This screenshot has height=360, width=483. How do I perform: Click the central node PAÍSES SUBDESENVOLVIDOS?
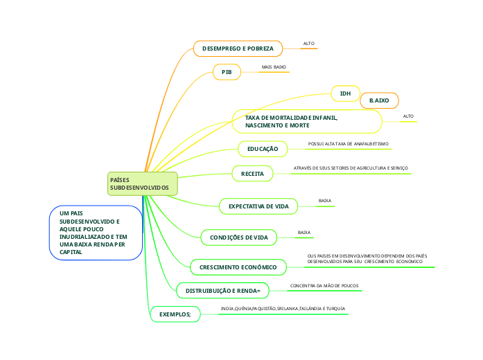point(142,183)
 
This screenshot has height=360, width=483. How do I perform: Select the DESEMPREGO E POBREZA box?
point(238,48)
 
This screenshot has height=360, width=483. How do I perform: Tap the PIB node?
point(226,72)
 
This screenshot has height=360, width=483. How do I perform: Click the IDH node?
point(345,93)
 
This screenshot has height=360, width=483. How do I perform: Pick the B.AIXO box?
point(379,101)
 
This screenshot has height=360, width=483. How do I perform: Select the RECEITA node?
point(252,173)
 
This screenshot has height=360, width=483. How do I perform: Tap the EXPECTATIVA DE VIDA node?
point(258,206)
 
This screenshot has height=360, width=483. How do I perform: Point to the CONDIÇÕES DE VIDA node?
point(238,237)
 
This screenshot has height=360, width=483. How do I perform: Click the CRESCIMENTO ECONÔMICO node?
point(238,267)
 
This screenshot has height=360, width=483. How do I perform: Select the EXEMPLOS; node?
point(175,314)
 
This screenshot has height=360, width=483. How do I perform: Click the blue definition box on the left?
point(96,233)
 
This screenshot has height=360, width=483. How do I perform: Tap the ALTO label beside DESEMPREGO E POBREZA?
point(308,44)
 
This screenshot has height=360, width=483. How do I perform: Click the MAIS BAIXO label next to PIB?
point(274,67)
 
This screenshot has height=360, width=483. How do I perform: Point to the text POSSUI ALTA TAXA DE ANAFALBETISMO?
point(348,144)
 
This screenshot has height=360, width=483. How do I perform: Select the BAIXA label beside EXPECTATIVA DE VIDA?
point(324,201)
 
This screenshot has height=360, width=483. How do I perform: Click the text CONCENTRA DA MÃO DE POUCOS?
point(324,285)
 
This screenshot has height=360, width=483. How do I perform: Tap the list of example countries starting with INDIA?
point(283,308)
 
